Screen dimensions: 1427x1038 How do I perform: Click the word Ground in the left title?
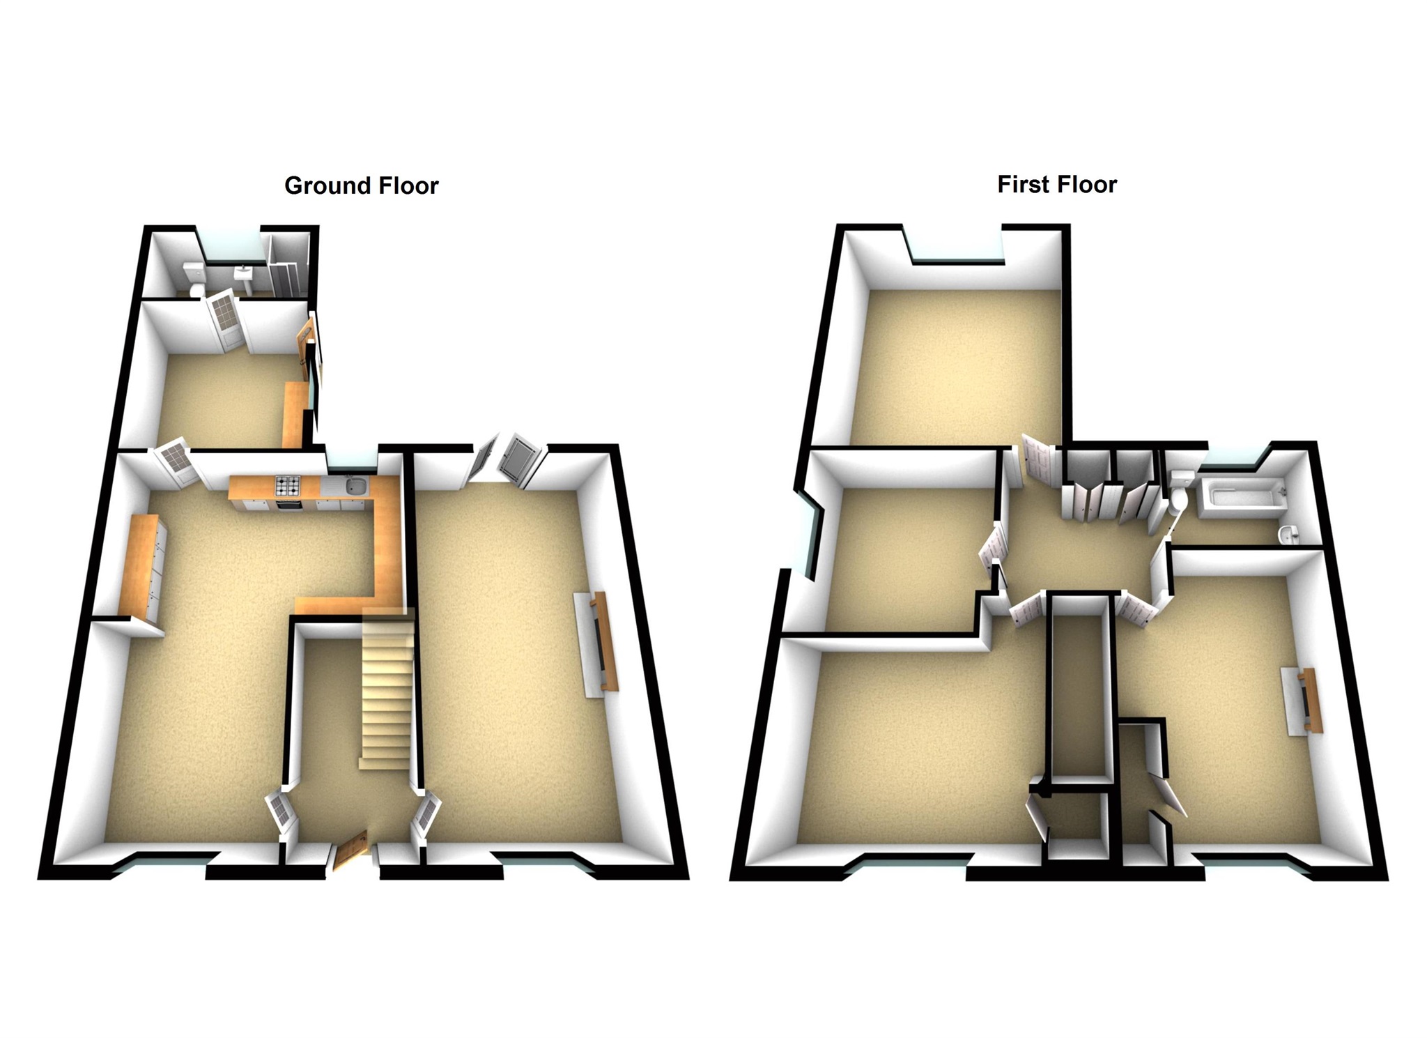[328, 186]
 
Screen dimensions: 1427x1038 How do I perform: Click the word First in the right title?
[1023, 185]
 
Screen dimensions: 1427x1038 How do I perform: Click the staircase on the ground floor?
[385, 690]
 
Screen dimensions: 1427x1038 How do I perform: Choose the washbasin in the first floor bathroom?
[1289, 534]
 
